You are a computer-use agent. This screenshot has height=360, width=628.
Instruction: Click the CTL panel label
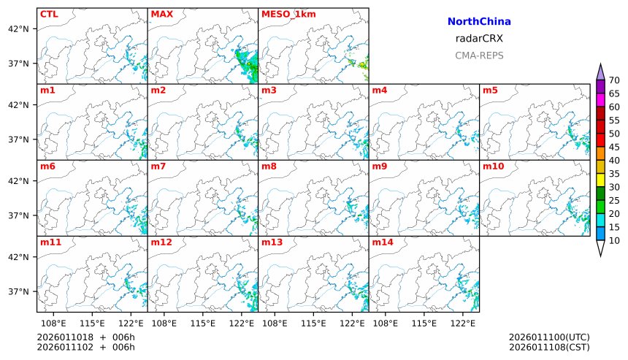pos(49,14)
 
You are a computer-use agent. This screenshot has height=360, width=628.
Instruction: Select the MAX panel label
pos(161,14)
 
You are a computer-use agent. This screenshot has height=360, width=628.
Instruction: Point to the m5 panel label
pos(491,91)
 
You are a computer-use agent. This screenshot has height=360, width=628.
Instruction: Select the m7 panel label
pos(158,166)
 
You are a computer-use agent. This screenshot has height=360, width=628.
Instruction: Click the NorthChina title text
pos(479,22)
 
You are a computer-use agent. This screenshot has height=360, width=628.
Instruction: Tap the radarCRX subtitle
pos(479,39)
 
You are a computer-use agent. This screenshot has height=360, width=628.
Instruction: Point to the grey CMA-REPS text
pos(479,55)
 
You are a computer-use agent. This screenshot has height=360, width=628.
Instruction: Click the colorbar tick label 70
pos(614,80)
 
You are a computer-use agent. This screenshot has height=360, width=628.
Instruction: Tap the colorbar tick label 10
pos(614,240)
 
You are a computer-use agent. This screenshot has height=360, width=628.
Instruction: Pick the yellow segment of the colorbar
pos(600,179)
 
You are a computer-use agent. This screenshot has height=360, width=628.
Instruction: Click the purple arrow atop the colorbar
pos(600,72)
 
